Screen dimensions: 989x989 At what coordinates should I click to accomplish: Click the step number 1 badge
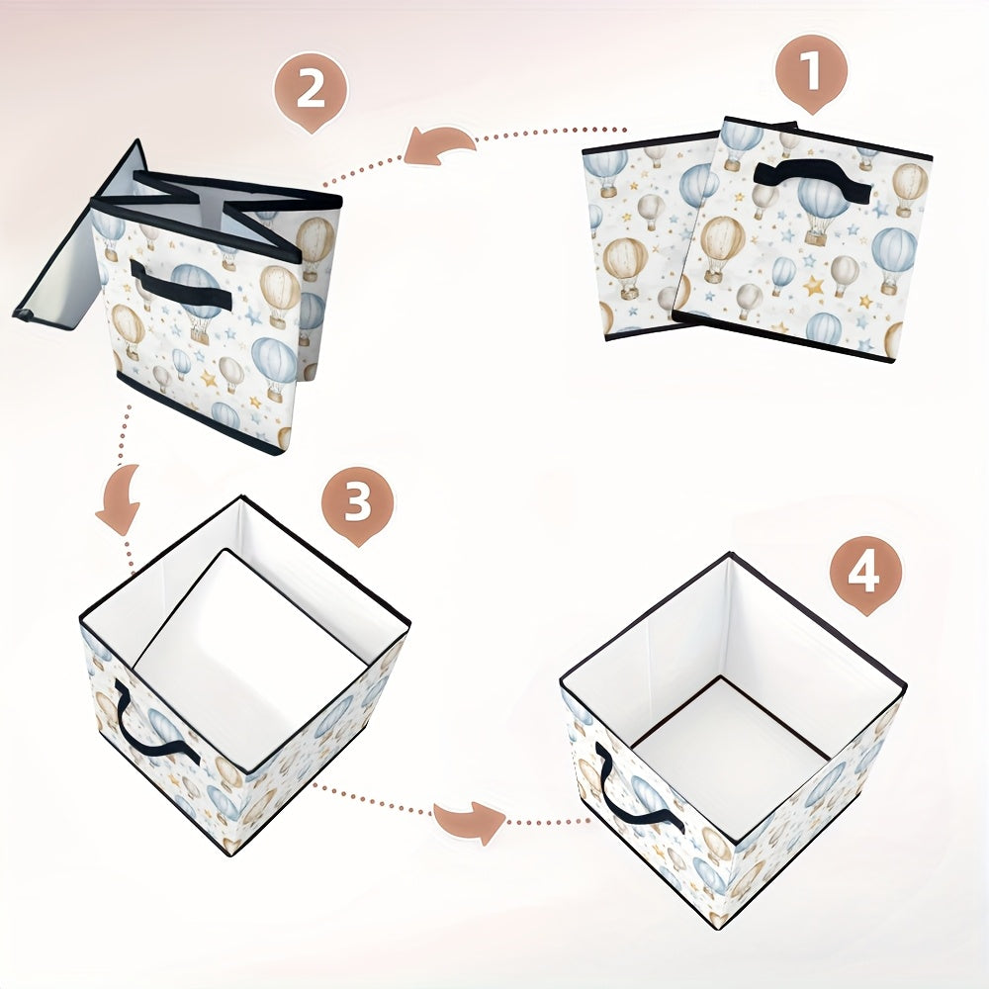811,73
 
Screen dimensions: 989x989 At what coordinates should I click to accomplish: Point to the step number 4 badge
865,574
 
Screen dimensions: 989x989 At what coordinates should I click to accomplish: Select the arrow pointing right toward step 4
469,822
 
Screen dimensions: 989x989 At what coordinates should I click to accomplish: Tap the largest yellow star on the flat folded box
814,286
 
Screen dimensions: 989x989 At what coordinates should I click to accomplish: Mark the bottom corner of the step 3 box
231,854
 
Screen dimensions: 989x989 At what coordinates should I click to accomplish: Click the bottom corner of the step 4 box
717,927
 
